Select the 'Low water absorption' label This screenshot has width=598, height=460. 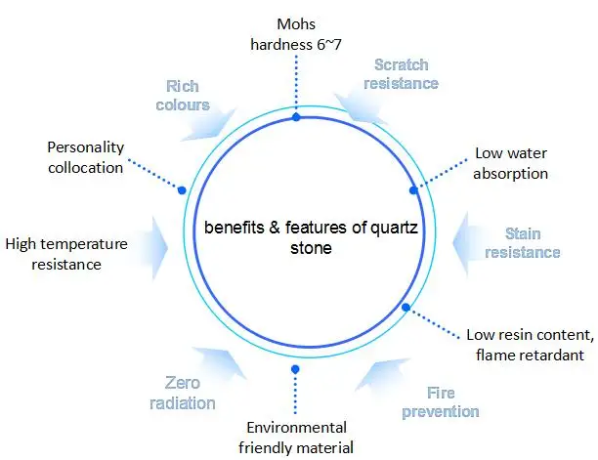click(511, 163)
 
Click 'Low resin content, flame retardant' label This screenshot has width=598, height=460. click(530, 343)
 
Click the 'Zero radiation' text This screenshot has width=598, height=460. click(189, 393)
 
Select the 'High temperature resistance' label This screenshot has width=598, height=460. click(65, 253)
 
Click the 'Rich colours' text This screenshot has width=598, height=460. click(189, 96)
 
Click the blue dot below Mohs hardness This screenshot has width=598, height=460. click(296, 117)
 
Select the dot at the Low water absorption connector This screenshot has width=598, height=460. click(413, 189)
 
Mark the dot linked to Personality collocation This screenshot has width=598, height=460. click(182, 189)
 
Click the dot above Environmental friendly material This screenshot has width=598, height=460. click(295, 368)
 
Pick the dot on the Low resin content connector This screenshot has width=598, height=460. click(406, 308)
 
